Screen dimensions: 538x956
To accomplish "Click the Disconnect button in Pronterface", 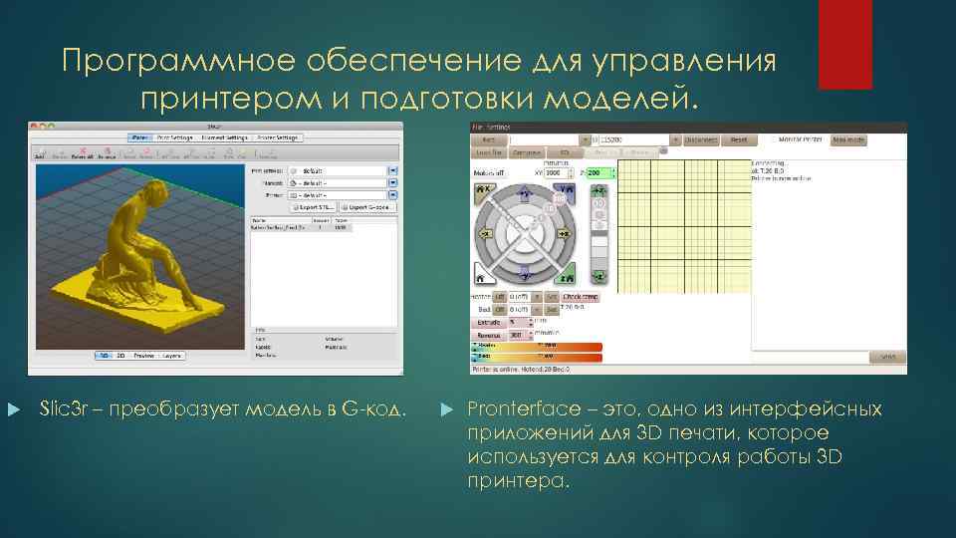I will (x=701, y=140).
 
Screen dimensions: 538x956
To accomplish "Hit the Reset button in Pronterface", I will (x=738, y=140).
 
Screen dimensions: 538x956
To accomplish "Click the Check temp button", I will (x=581, y=296).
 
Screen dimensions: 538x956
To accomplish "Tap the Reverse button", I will (x=488, y=335).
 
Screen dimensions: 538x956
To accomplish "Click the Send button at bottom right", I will (x=887, y=357).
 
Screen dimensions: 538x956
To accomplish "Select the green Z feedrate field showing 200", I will (x=599, y=172).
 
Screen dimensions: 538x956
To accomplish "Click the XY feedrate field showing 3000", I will (x=548, y=172).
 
